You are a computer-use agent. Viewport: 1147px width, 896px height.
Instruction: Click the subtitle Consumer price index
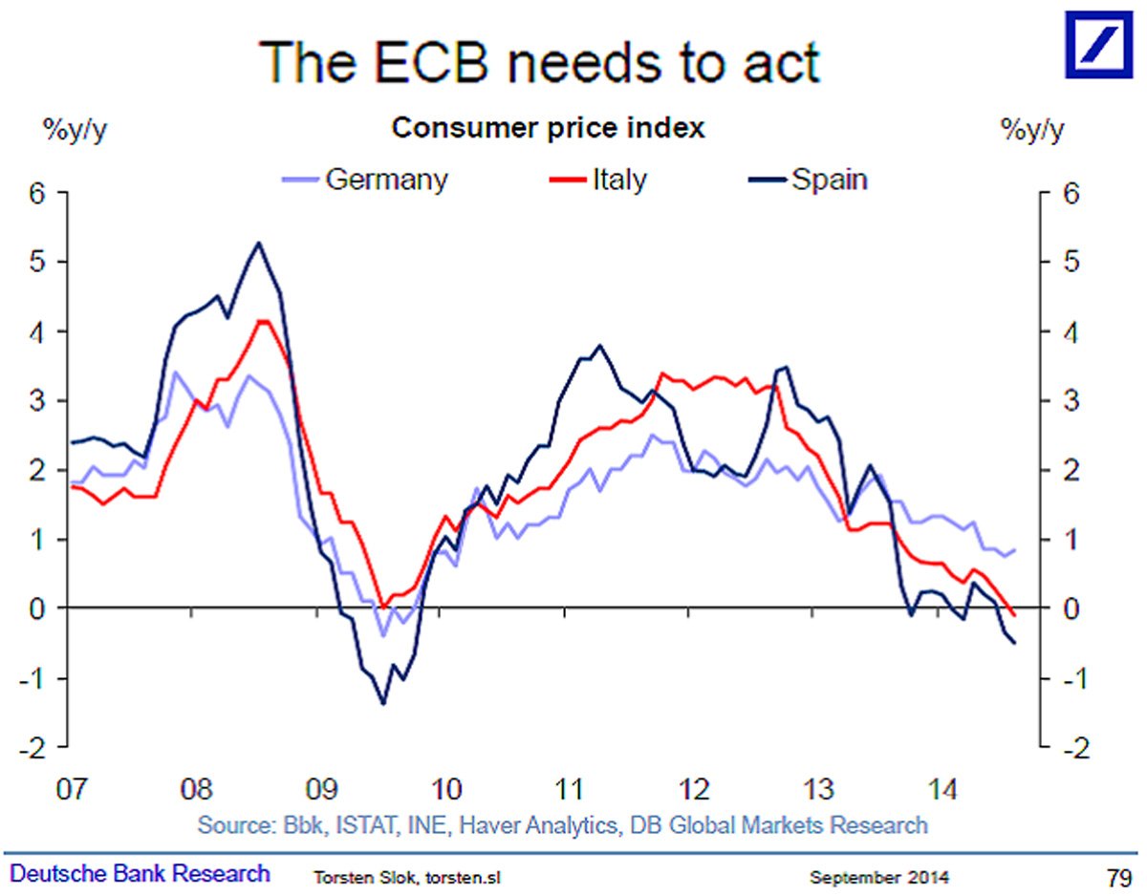550,128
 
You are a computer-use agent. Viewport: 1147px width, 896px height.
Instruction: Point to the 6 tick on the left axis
38,193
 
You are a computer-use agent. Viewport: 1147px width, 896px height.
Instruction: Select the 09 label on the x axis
320,790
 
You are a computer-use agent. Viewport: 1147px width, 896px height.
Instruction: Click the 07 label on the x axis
72,790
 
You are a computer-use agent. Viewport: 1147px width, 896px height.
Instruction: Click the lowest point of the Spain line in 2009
383,704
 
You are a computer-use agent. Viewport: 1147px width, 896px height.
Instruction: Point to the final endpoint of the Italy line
1013,614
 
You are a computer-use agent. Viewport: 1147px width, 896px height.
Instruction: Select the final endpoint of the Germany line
1013,550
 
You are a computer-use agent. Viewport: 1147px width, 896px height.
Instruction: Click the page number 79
1118,874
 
